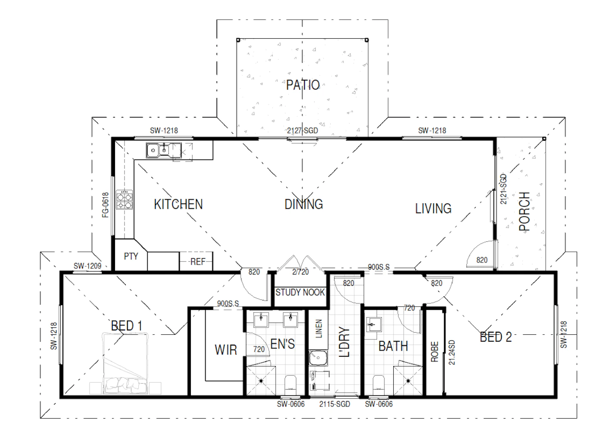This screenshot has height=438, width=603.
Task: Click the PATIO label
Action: click(303, 85)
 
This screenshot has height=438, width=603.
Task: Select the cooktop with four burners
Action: click(124, 200)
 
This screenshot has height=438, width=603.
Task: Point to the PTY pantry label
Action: click(131, 256)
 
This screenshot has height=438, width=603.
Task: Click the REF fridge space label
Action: click(198, 262)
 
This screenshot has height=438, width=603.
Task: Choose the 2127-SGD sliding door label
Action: click(302, 131)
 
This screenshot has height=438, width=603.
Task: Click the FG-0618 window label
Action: click(105, 205)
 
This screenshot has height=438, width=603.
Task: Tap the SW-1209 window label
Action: click(87, 266)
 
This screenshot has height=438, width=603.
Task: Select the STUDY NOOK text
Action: click(300, 292)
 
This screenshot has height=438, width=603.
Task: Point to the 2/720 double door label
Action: click(301, 272)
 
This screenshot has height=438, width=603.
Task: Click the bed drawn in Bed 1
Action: click(125, 364)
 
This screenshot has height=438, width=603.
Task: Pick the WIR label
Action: click(226, 350)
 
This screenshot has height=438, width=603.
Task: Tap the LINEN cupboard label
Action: click(318, 329)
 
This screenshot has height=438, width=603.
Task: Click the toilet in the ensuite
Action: click(290, 383)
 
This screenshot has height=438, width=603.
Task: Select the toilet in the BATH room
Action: click(379, 383)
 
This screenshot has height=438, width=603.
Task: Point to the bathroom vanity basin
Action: click(374, 325)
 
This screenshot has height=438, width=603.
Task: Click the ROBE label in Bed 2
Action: click(435, 352)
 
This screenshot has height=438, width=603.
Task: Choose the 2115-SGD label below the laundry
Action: click(335, 404)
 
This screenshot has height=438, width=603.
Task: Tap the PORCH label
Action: click(524, 212)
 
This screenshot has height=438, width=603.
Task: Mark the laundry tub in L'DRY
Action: click(318, 358)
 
